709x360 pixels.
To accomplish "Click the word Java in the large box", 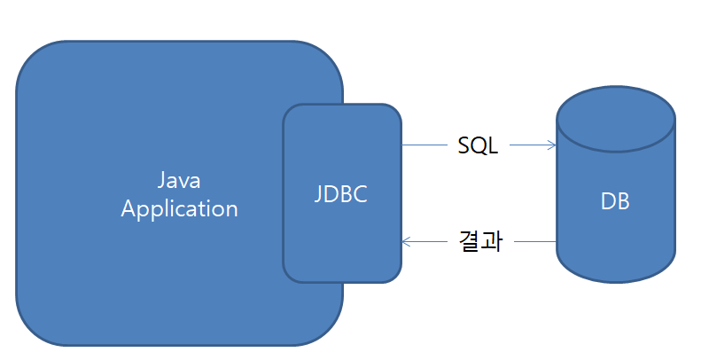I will (180, 181).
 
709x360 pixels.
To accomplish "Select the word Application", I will (180, 209).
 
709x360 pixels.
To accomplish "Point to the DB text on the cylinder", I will (615, 201).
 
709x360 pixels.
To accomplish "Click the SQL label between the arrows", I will (478, 145).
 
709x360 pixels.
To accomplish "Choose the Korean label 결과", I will (480, 241).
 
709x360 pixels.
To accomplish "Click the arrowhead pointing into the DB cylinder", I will (550, 145).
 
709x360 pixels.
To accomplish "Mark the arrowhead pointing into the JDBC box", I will (407, 240).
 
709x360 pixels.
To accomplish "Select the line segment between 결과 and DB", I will (536, 240).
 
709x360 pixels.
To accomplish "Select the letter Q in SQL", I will (479, 145).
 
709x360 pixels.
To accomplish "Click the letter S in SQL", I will (464, 145).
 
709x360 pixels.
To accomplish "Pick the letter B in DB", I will (623, 201).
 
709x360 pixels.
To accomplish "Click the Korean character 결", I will (470, 241).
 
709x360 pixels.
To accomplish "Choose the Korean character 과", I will (492, 241).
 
